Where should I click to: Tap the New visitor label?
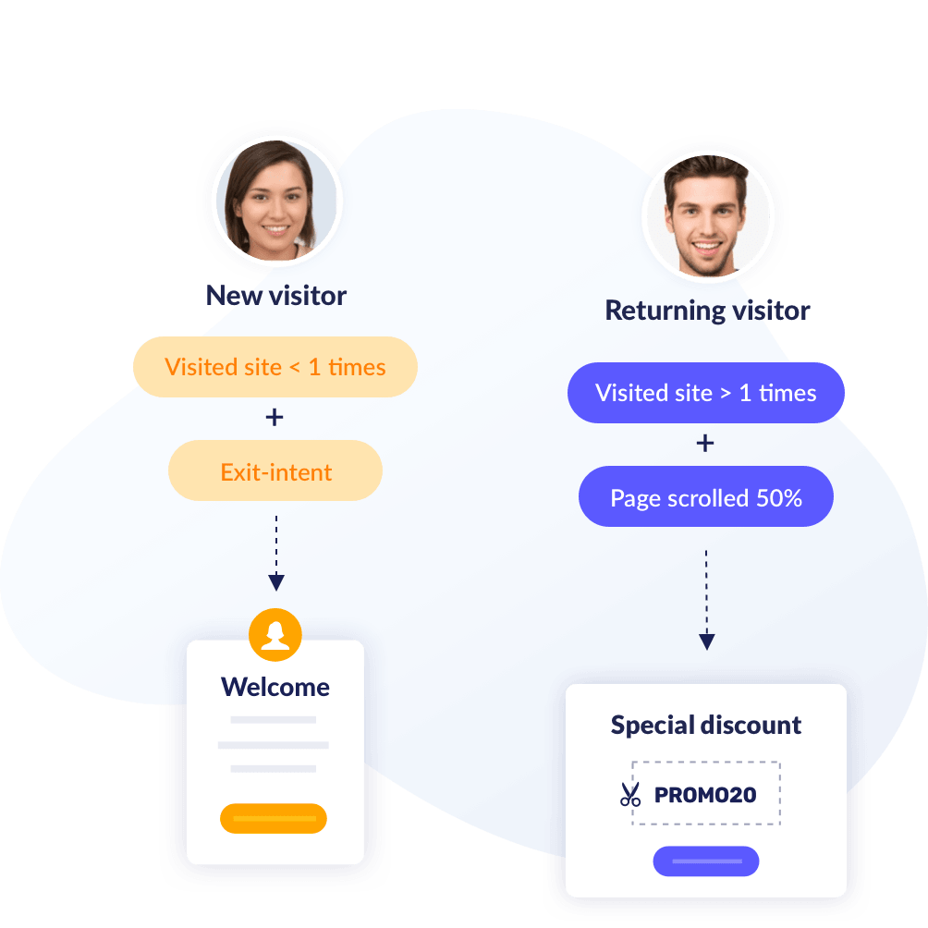(x=275, y=296)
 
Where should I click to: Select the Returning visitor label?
(x=707, y=311)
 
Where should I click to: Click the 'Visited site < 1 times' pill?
(x=275, y=367)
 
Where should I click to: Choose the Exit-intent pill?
(x=275, y=472)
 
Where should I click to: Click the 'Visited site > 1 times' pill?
(x=705, y=393)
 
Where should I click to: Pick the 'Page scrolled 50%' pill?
(x=705, y=498)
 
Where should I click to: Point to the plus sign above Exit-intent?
(x=275, y=418)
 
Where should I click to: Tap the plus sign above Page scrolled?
(x=705, y=444)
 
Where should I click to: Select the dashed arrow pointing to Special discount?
(x=707, y=601)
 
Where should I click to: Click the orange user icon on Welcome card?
(x=275, y=634)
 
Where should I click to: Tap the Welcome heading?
(x=275, y=688)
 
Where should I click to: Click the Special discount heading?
(x=706, y=726)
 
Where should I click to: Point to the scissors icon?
(x=630, y=794)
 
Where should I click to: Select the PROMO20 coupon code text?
(x=705, y=794)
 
